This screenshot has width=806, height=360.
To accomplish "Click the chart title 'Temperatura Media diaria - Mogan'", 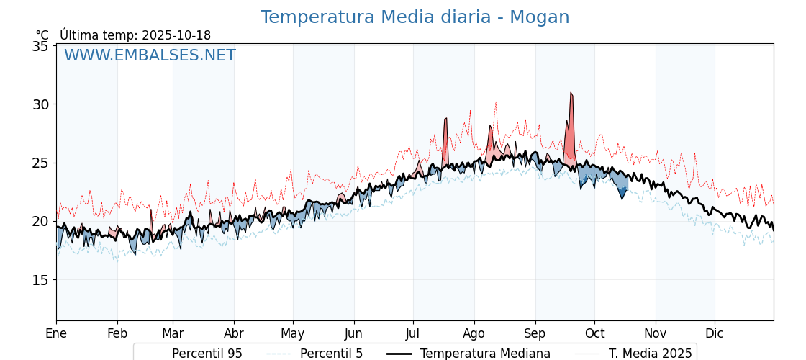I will (415, 17).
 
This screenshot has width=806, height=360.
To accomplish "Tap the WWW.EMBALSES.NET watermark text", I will (150, 55).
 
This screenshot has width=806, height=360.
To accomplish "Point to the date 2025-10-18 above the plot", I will (176, 35).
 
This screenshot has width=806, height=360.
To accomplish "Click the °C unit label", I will (42, 35).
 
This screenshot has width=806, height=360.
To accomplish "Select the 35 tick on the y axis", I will (41, 46).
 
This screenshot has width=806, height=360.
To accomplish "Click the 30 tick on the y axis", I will (41, 104).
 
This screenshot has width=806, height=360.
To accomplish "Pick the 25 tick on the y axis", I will (41, 163).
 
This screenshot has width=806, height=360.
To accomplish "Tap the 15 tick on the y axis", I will (41, 280).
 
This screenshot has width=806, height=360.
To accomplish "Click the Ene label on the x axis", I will (56, 333).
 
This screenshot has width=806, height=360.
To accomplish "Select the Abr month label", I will (234, 333).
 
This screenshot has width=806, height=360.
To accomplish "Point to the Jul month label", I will (413, 333).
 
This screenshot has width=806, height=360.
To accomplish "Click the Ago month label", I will (474, 333).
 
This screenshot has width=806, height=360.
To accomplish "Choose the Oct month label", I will (594, 333).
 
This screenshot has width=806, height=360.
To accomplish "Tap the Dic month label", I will (715, 333).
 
